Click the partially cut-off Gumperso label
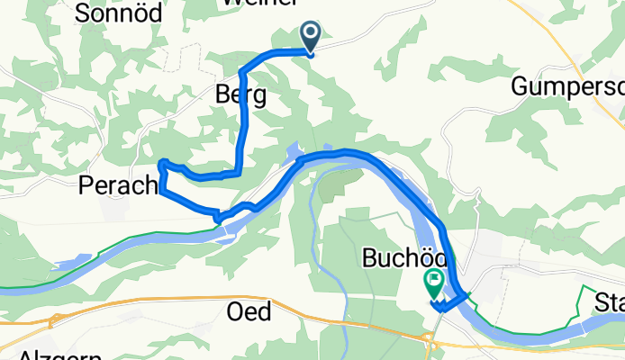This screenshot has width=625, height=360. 567,86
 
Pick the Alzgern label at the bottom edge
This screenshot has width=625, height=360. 31,354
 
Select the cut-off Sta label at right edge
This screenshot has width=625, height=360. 610,303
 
